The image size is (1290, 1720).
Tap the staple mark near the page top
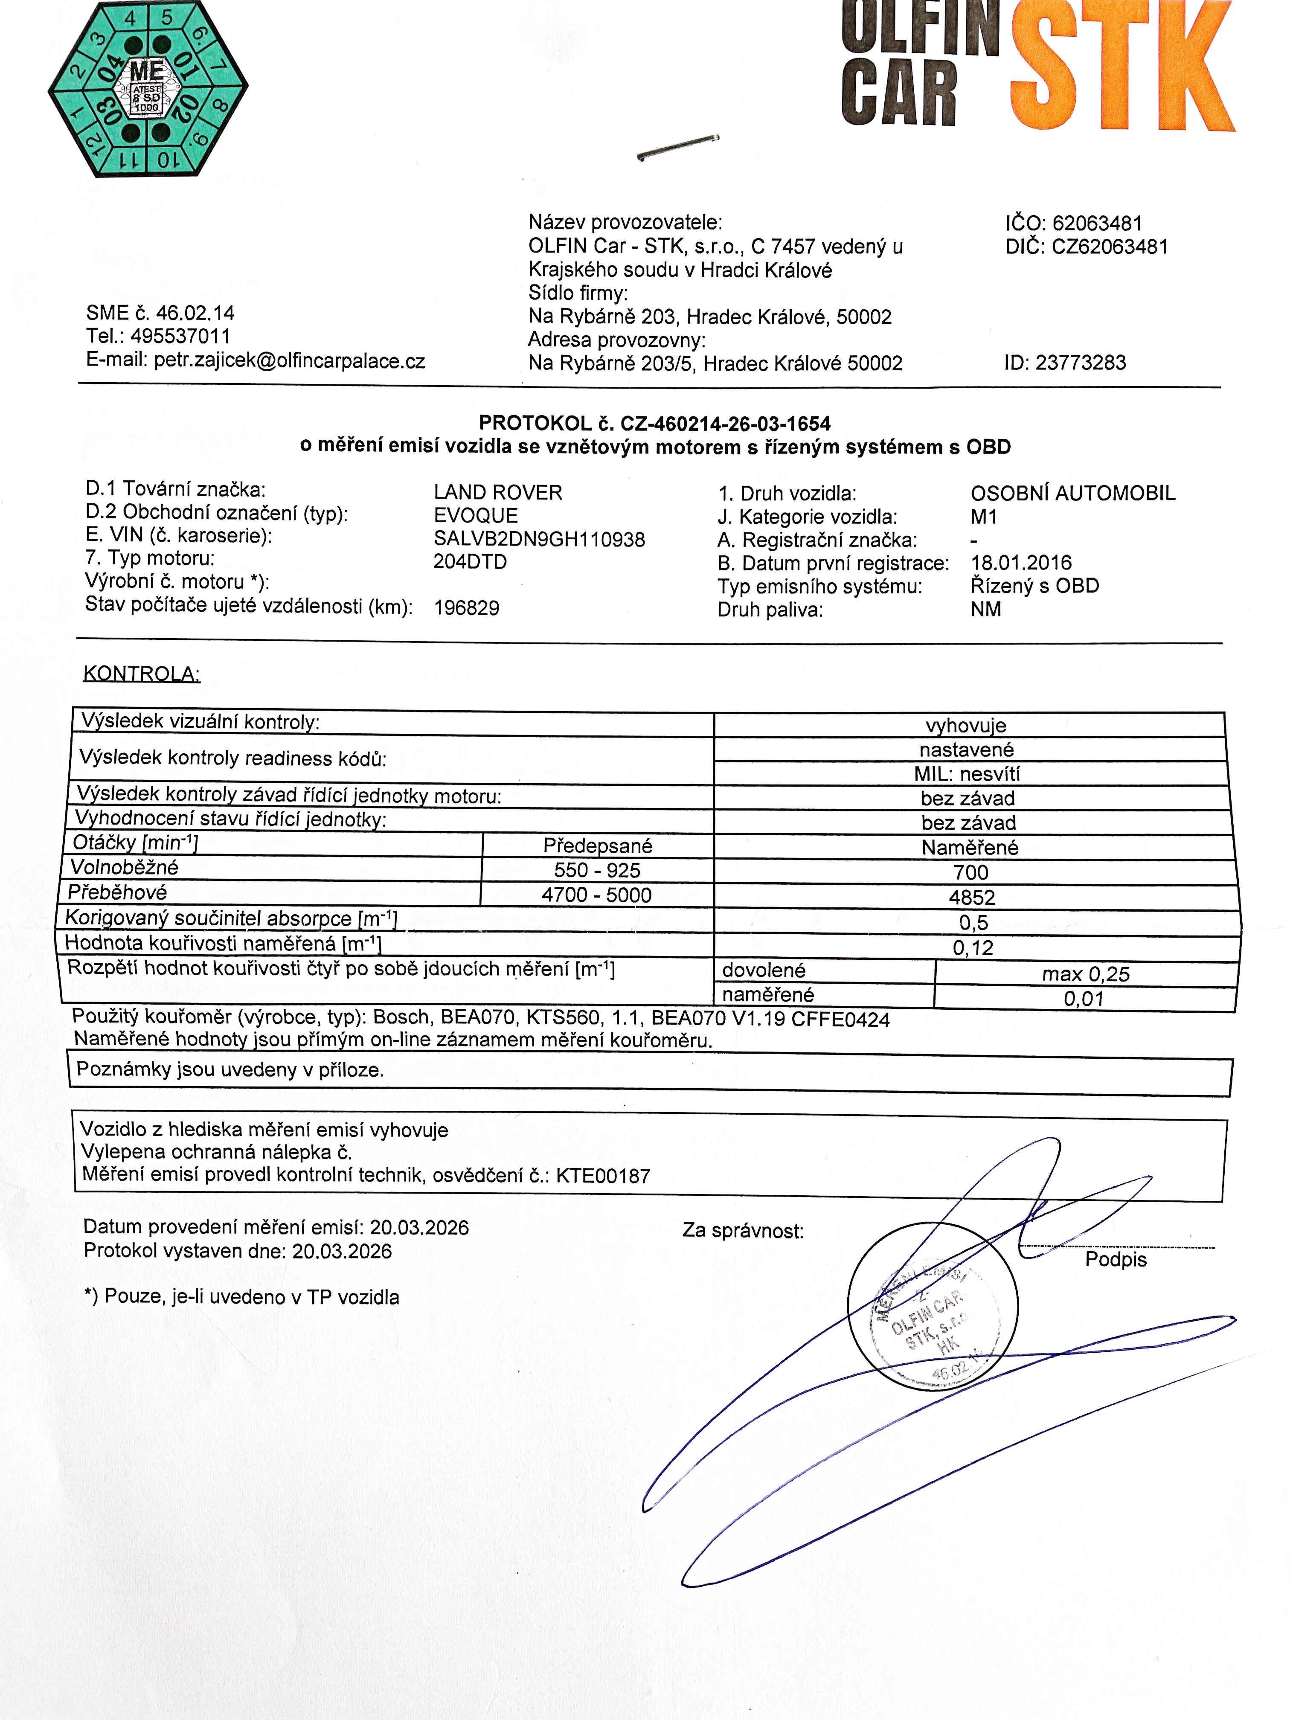tap(677, 146)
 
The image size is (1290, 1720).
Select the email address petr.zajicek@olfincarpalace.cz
tap(289, 361)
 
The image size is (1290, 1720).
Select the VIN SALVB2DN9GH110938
tap(539, 539)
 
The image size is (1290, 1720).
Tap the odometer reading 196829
tap(467, 607)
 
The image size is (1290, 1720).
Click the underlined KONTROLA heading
tap(142, 674)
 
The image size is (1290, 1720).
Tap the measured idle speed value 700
tap(970, 872)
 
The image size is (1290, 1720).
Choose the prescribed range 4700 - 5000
tap(596, 895)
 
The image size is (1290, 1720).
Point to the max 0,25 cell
tap(1086, 974)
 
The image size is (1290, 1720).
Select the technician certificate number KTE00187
tap(603, 1176)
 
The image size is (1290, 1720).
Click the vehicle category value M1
tap(984, 516)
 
